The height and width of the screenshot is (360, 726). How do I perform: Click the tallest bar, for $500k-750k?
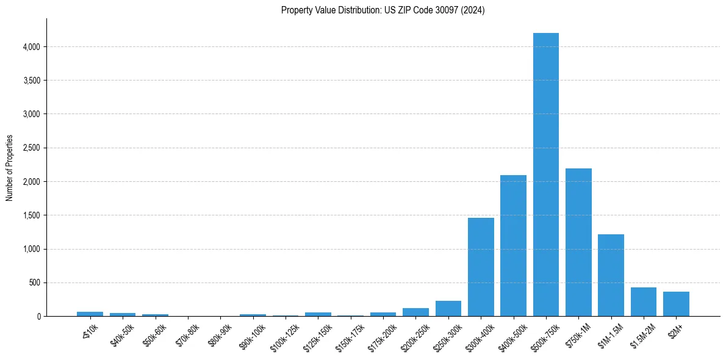pyautogui.click(x=545, y=175)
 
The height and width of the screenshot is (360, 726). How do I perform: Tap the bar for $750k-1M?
pyautogui.click(x=578, y=242)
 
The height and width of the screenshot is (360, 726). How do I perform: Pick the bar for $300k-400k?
pyautogui.click(x=481, y=267)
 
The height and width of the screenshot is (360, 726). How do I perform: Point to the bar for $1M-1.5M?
pyautogui.click(x=611, y=275)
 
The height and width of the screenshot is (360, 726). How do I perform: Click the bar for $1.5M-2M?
pyautogui.click(x=643, y=301)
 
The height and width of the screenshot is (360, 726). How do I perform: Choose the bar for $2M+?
pyautogui.click(x=676, y=304)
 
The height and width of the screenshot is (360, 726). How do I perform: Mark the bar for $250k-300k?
pyautogui.click(x=448, y=309)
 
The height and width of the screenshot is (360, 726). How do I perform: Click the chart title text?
pyautogui.click(x=383, y=10)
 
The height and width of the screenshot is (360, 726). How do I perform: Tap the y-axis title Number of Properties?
pyautogui.click(x=10, y=168)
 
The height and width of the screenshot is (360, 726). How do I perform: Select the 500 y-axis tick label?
pyautogui.click(x=34, y=283)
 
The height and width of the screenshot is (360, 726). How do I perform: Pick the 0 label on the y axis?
pyautogui.click(x=38, y=317)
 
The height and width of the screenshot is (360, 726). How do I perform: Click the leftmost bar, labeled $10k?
pyautogui.click(x=90, y=314)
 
